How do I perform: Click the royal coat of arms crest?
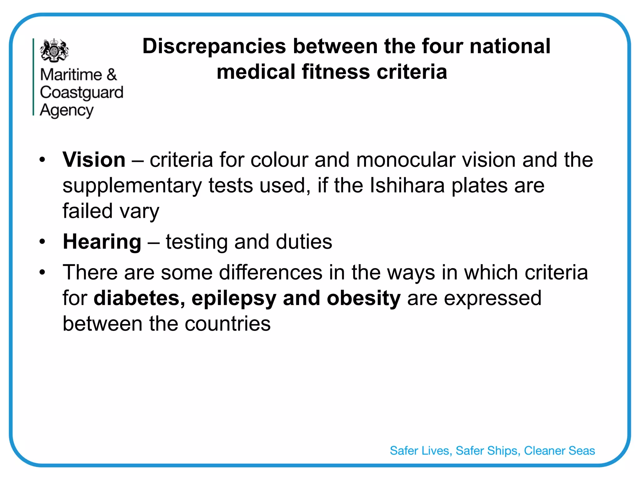click(54, 50)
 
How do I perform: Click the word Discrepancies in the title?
click(214, 46)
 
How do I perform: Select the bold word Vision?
click(94, 160)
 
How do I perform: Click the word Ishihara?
click(407, 185)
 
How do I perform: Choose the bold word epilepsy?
click(234, 298)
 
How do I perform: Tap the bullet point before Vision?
click(42, 160)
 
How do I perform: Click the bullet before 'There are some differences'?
click(42, 272)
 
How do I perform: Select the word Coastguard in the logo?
click(82, 93)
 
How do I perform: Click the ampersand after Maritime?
click(111, 75)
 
